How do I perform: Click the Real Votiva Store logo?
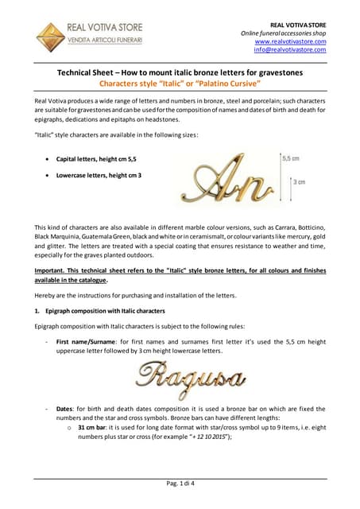click(x=90, y=36)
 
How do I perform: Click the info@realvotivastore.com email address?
click(x=290, y=49)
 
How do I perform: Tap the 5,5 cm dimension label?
click(x=291, y=158)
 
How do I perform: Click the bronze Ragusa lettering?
click(x=188, y=375)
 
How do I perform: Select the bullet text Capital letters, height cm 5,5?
click(x=96, y=159)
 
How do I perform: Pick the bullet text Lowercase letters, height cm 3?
click(x=99, y=175)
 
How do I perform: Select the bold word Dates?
click(x=67, y=409)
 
